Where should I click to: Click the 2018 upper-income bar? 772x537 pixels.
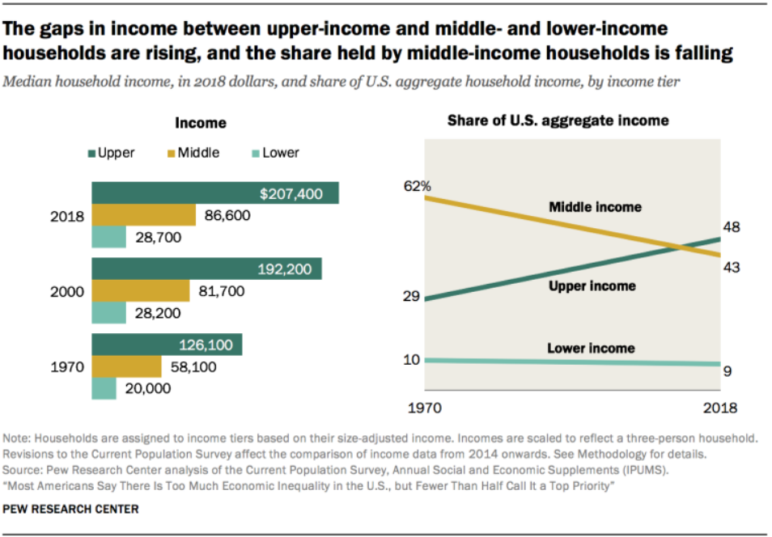pyautogui.click(x=214, y=193)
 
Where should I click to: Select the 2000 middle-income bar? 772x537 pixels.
pyautogui.click(x=140, y=291)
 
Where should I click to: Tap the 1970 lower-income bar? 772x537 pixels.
pyautogui.click(x=104, y=388)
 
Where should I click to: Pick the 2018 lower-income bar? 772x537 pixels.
pyautogui.click(x=108, y=237)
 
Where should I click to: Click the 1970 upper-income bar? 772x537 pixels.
pyautogui.click(x=166, y=345)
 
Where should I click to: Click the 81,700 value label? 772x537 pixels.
pyautogui.click(x=220, y=291)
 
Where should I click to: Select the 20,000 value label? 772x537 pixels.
pyautogui.click(x=148, y=388)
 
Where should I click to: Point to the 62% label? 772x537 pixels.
pyautogui.click(x=418, y=187)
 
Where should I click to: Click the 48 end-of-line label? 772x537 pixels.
pyautogui.click(x=732, y=228)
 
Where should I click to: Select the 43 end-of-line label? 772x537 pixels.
pyautogui.click(x=732, y=267)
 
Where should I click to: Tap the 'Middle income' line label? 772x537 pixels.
pyautogui.click(x=595, y=207)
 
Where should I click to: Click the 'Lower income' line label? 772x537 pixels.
pyautogui.click(x=591, y=349)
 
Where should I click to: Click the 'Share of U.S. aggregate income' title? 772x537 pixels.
pyautogui.click(x=558, y=121)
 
